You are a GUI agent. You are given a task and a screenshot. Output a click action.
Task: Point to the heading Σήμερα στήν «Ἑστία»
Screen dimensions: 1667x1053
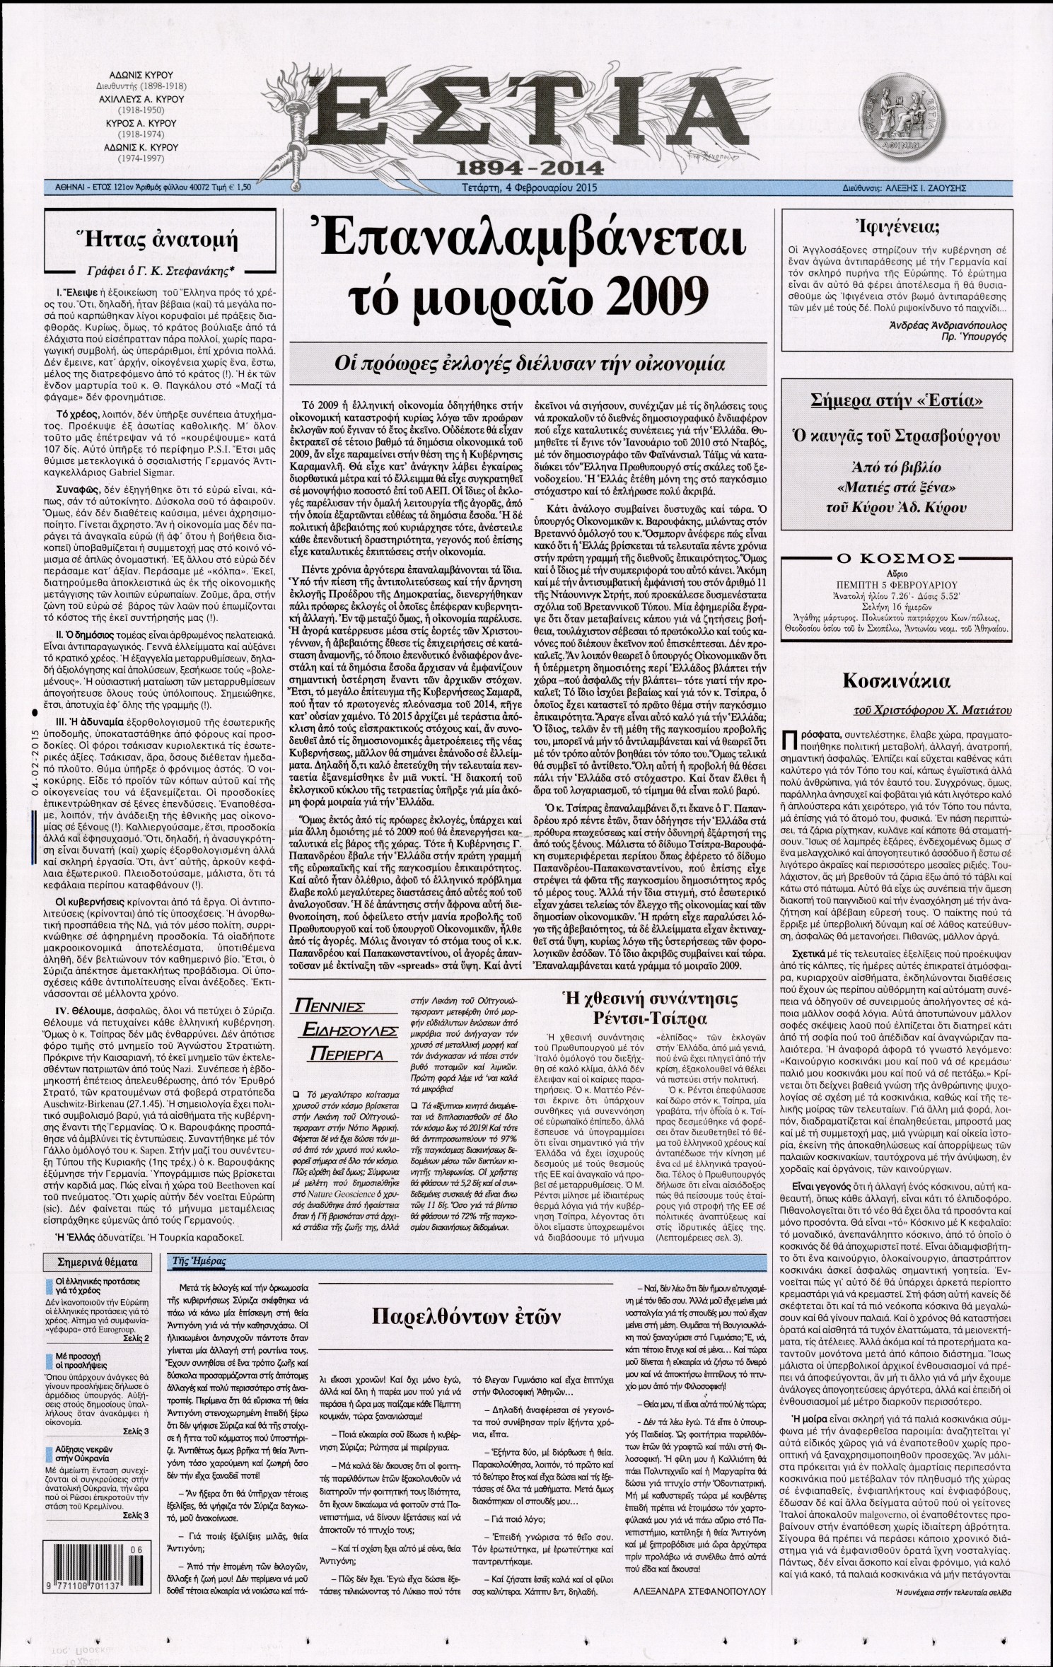896,402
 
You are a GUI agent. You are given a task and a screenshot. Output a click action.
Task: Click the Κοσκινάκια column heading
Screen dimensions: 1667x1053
895,681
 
